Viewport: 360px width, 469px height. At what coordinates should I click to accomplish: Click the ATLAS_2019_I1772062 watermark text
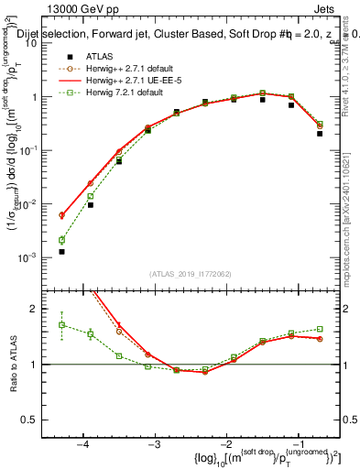[190, 274]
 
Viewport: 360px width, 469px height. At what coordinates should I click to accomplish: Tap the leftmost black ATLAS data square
[61, 251]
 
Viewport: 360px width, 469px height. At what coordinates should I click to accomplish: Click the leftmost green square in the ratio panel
[61, 325]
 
